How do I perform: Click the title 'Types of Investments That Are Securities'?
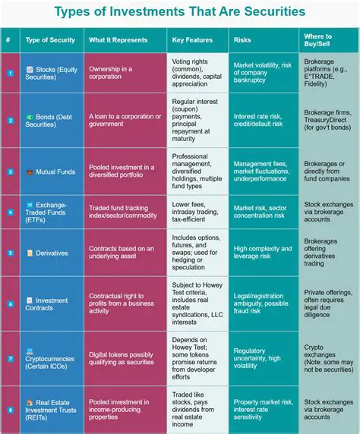pos(180,12)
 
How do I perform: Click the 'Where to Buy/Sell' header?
pos(318,40)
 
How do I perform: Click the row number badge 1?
pos(10,73)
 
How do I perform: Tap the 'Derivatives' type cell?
pos(52,253)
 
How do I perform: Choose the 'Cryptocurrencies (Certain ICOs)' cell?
pos(51,357)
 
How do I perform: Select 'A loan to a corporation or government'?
pos(125,120)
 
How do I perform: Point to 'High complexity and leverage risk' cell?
pos(263,253)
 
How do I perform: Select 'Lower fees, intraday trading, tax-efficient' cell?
pos(197,210)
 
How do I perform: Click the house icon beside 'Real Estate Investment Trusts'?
pos(29,402)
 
